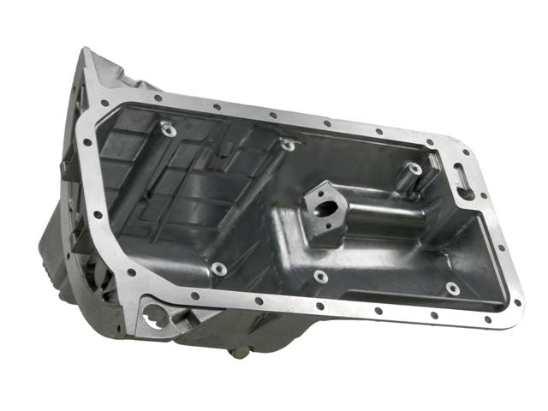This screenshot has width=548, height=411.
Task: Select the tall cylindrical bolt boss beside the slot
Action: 414,170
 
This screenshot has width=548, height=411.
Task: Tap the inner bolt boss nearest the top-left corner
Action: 167,130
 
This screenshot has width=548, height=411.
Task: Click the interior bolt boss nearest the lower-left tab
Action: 219,269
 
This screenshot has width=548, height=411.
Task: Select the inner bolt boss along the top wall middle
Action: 289,145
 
